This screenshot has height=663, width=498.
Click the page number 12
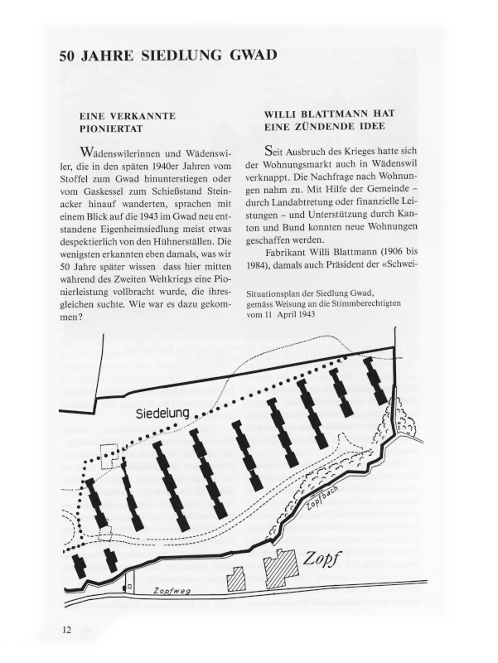pyautogui.click(x=66, y=630)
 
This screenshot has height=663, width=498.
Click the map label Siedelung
pyautogui.click(x=163, y=412)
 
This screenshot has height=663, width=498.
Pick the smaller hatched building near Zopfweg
pyautogui.click(x=236, y=578)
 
